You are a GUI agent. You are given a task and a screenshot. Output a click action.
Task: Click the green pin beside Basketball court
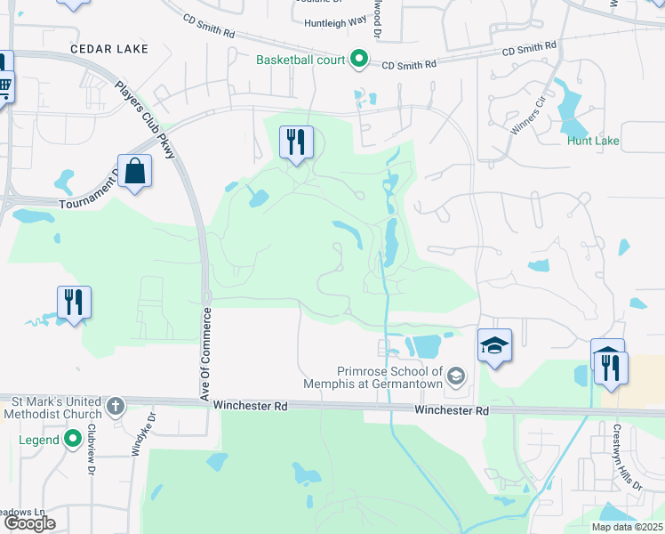(x=359, y=60)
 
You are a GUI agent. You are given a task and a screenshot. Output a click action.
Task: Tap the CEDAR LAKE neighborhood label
(x=109, y=48)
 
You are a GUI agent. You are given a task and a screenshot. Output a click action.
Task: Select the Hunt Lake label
(x=593, y=141)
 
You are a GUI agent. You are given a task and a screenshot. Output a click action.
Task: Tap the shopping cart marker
(x=4, y=87)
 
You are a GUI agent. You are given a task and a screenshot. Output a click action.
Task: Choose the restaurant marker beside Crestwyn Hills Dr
(x=611, y=366)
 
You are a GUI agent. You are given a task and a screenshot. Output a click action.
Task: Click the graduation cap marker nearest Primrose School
(x=495, y=345)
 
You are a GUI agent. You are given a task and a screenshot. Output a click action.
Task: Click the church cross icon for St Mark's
(x=115, y=408)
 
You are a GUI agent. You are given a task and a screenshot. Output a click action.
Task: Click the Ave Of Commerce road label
(x=205, y=355)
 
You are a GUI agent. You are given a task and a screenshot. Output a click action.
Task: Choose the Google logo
(x=31, y=523)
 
